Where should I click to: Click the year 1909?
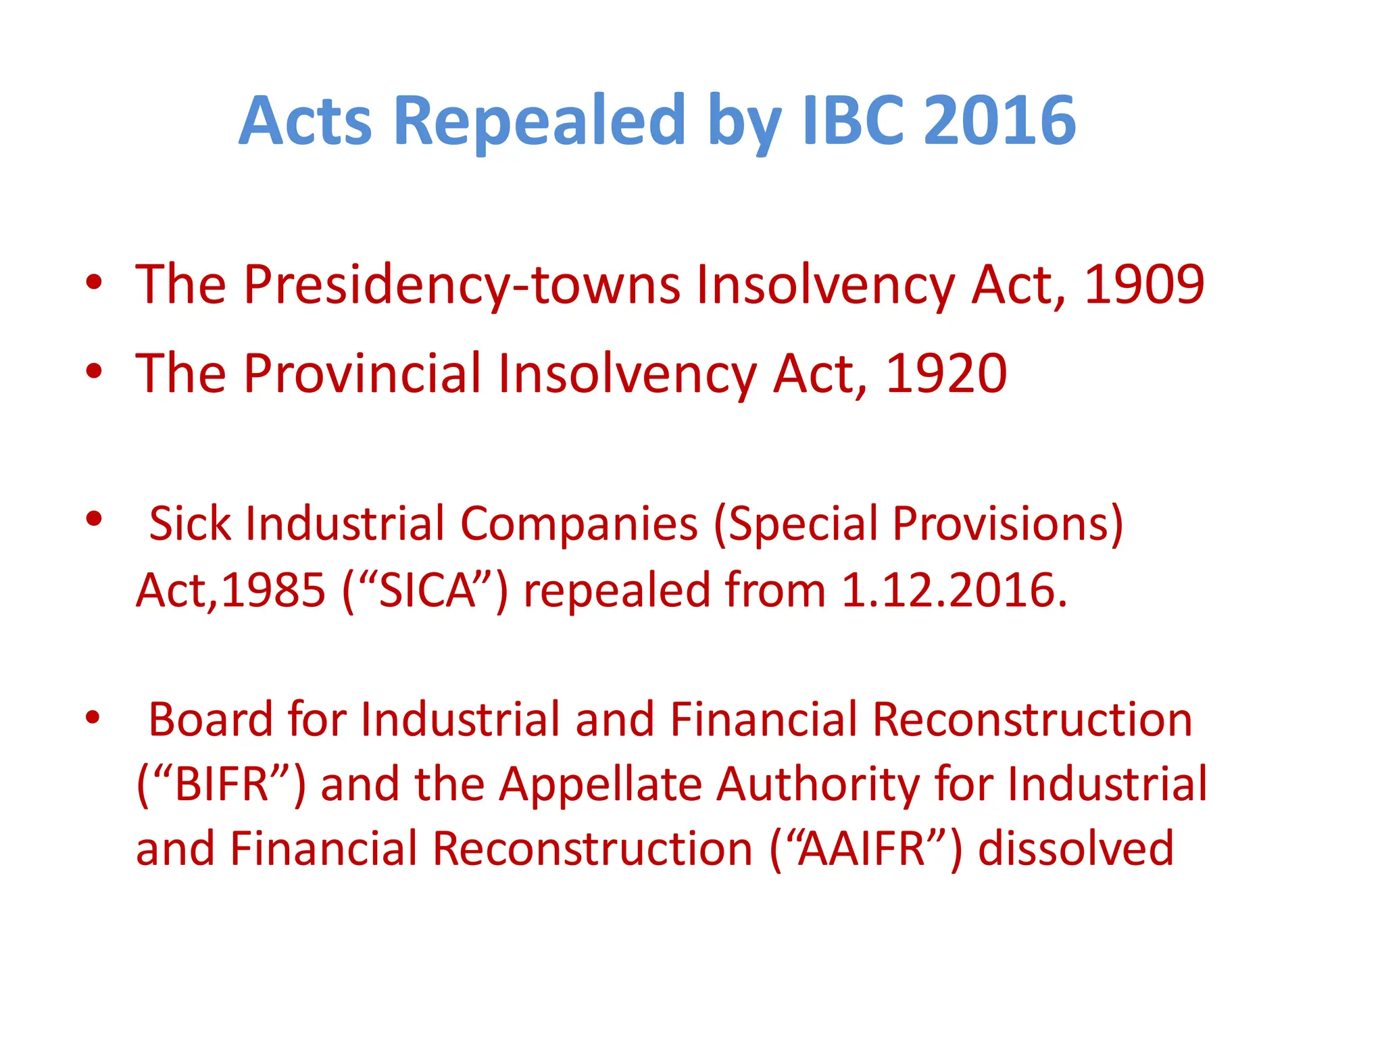pos(1144,285)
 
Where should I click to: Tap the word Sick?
pos(190,524)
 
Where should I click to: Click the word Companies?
pos(578,524)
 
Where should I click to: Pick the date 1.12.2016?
pos(954,590)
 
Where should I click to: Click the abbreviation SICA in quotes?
pos(426,590)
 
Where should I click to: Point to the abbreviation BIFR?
pos(222,784)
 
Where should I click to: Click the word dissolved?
pos(1076,849)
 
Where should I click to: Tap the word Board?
pos(210,719)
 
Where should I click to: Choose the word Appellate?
pos(601,784)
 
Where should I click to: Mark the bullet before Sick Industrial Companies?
pos(94,519)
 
